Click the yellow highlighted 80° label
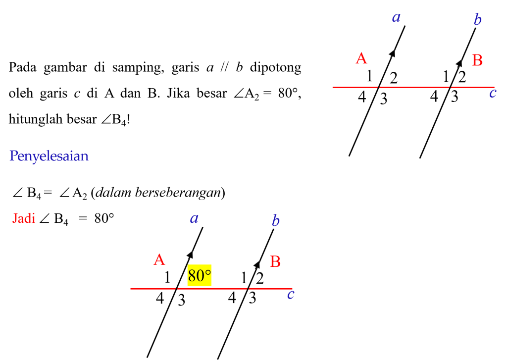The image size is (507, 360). [199, 276]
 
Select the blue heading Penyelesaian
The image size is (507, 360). [49, 156]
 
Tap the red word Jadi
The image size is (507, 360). [24, 218]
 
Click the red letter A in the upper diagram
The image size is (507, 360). [361, 58]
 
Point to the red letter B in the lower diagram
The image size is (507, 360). [275, 261]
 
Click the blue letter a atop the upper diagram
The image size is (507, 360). [396, 17]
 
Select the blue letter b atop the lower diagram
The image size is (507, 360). [275, 220]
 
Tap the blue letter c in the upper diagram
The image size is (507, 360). [493, 93]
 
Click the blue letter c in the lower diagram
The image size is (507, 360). [291, 295]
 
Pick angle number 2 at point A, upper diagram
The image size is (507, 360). [394, 78]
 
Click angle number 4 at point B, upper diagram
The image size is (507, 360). [434, 97]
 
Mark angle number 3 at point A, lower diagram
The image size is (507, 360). [181, 300]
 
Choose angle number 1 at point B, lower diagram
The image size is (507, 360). [244, 278]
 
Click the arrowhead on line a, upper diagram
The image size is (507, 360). [392, 53]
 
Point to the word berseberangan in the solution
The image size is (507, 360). [178, 193]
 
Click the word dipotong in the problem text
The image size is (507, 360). [275, 68]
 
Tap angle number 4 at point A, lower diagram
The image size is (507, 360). [160, 298]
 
